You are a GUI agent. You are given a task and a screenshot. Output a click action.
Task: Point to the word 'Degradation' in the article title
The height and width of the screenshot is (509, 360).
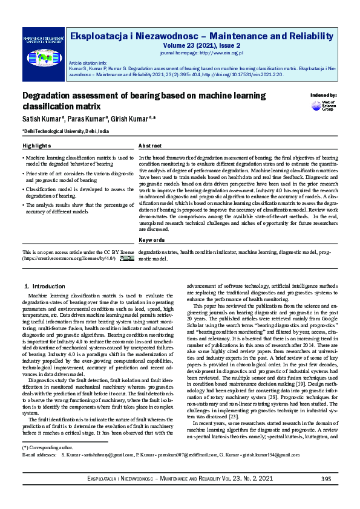pyautogui.click(x=47, y=96)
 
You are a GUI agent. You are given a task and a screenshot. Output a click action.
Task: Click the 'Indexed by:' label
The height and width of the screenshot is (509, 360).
pyautogui.click(x=324, y=96)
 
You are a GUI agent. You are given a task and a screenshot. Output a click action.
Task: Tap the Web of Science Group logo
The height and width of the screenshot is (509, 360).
pyautogui.click(x=324, y=106)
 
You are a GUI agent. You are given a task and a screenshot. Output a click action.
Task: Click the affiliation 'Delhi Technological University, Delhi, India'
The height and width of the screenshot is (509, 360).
pyautogui.click(x=67, y=131)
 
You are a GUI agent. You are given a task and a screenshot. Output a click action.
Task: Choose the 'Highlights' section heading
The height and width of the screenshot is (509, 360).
pyautogui.click(x=36, y=146)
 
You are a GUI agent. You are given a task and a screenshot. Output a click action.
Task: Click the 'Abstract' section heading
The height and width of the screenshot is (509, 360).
pyautogui.click(x=150, y=146)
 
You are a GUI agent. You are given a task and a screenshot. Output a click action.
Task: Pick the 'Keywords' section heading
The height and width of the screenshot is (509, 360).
pyautogui.click(x=152, y=240)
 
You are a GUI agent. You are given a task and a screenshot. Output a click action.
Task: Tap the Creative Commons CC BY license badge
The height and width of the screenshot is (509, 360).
pyautogui.click(x=126, y=258)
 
